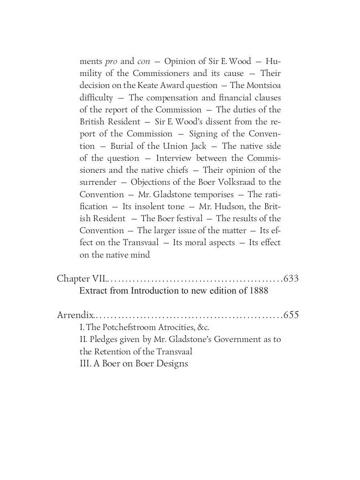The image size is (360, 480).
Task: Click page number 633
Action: click(x=291, y=278)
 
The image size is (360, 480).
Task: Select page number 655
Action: click(x=291, y=315)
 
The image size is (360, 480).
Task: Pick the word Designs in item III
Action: click(x=171, y=364)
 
